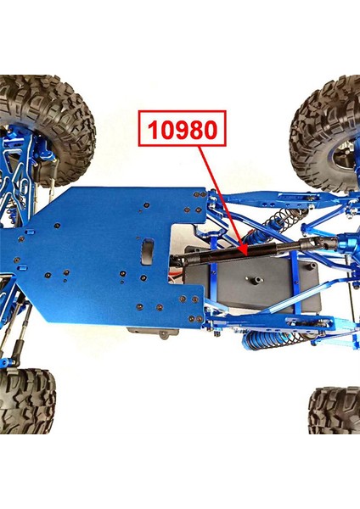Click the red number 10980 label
183,130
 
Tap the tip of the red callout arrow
245,252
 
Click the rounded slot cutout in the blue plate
147,250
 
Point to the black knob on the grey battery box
254,279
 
